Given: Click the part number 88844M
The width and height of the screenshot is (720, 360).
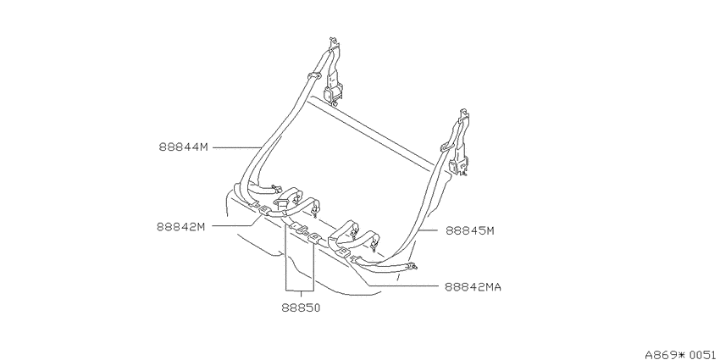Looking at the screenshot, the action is coord(184,147).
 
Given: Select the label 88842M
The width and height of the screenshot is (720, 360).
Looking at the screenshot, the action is coord(181,227).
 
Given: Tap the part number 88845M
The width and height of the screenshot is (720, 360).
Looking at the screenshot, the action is coord(470,231).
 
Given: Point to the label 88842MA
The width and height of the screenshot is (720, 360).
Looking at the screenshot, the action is coord(473,287).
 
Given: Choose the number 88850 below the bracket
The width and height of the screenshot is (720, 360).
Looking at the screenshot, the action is coord(301,308).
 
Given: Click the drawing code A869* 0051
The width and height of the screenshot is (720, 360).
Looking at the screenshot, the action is coord(683,354).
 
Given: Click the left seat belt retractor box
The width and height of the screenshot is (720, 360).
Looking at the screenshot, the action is coord(331,94).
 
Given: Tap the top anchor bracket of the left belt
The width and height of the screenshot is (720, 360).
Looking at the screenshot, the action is coord(334,44).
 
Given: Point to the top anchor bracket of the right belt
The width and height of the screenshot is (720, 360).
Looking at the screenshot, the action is coord(465,117).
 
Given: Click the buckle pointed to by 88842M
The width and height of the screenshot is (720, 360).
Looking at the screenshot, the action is coord(264,210).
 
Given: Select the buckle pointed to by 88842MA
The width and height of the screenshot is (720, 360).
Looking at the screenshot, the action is coord(343,252).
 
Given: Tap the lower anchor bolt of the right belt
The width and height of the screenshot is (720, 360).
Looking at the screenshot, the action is coord(414,265).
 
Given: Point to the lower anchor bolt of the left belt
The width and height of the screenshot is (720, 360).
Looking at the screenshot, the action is coord(275,187).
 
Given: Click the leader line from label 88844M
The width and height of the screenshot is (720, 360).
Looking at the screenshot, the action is coord(237,147).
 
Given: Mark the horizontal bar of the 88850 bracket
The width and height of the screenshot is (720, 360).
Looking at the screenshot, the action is coord(300,291).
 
